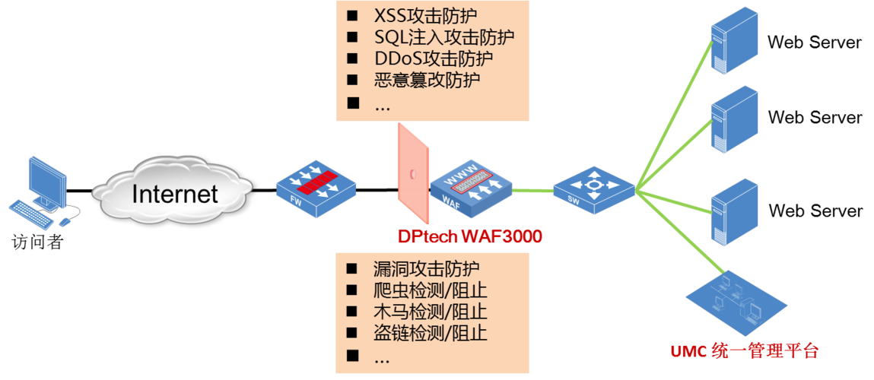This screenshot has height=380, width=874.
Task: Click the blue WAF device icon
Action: (470, 190)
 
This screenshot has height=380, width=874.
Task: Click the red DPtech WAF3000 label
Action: (469, 237)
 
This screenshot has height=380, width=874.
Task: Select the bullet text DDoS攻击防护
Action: (434, 59)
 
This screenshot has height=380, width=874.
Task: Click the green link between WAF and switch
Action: (532, 189)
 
